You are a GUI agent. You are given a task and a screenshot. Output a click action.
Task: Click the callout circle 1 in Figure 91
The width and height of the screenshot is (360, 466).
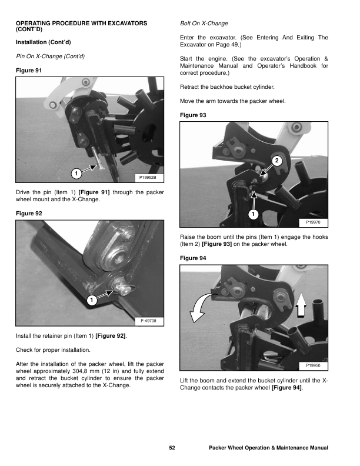pyautogui.click(x=75, y=173)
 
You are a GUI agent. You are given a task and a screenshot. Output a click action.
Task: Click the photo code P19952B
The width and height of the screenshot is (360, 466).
pyautogui.click(x=149, y=177)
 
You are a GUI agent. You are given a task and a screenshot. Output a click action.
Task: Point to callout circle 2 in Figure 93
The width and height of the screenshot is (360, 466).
pyautogui.click(x=277, y=161)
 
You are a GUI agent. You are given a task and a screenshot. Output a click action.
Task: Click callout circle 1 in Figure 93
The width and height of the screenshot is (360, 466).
pyautogui.click(x=252, y=214)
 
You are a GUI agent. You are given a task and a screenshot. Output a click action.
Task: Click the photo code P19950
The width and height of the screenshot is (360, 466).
pyautogui.click(x=314, y=366)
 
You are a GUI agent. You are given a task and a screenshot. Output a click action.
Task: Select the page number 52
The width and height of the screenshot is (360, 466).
pyautogui.click(x=172, y=448)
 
